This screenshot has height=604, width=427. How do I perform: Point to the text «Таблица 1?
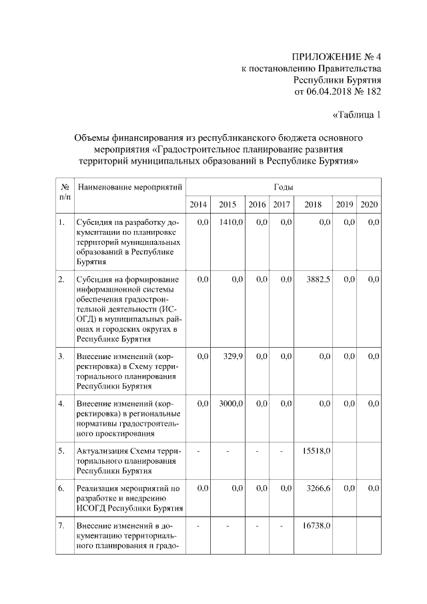click(x=356, y=115)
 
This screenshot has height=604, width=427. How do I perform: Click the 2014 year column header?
click(x=198, y=204)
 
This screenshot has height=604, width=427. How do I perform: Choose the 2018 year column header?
click(x=313, y=204)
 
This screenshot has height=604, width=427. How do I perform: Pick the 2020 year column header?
click(x=369, y=204)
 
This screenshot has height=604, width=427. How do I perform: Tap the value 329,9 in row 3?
click(x=234, y=356)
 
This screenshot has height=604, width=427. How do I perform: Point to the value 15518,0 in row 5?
click(x=317, y=450)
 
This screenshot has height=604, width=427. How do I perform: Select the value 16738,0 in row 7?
click(x=317, y=526)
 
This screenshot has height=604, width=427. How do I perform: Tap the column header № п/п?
click(x=65, y=192)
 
